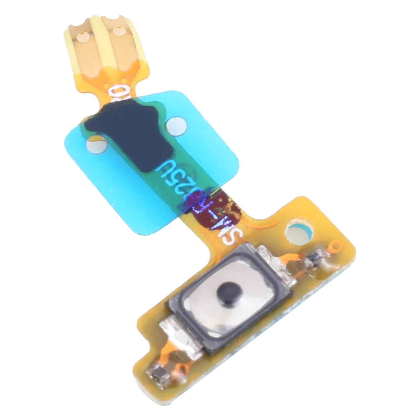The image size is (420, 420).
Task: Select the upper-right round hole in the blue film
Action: pos(175,124)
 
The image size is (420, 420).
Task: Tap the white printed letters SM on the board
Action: pos(224,231)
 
